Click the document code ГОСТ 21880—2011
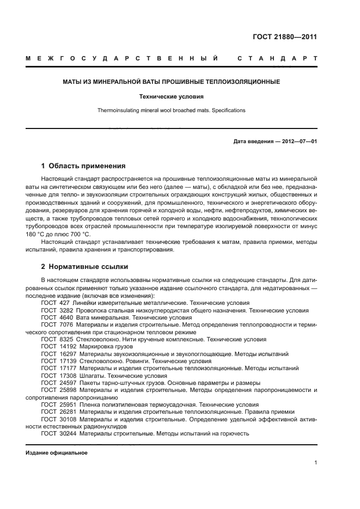285,37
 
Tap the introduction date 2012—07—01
298,142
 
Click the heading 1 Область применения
83,166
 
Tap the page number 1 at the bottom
315,463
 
